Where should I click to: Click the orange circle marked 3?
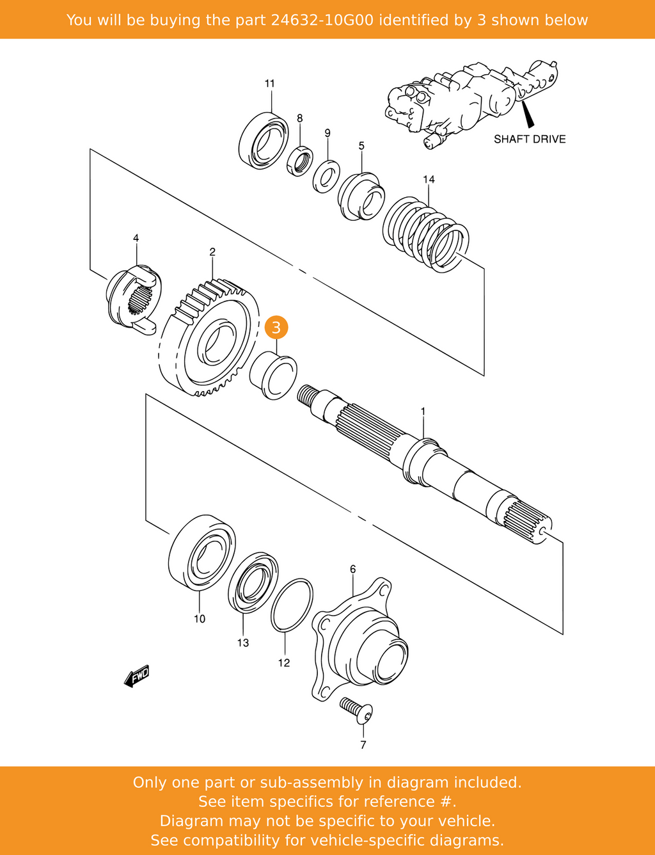tap(276, 328)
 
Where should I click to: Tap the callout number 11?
tap(270, 83)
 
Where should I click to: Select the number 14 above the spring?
tap(429, 179)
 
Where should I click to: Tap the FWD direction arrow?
tap(137, 676)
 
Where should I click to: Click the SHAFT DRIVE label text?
tap(530, 139)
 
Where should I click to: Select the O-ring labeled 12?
tap(292, 605)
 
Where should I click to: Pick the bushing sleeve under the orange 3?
tap(273, 376)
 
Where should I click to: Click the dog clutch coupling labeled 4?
tap(133, 298)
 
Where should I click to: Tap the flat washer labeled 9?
tap(326, 176)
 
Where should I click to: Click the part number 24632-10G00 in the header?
tap(323, 20)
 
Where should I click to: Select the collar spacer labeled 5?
tap(361, 196)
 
